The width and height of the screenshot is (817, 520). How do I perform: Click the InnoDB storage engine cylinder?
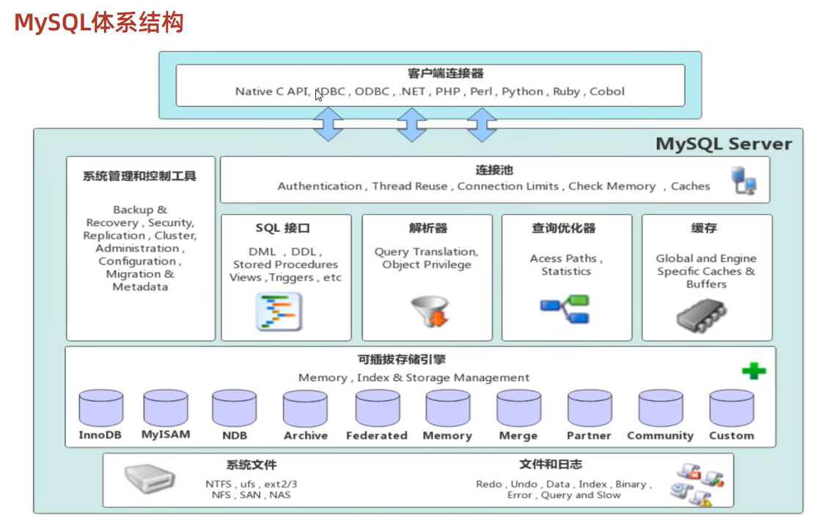coord(100,408)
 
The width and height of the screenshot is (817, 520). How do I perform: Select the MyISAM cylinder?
coord(165,408)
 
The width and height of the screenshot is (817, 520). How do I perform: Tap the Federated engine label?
coord(376,436)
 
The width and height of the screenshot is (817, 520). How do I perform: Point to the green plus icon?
coord(753,371)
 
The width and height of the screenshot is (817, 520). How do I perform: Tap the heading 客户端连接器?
coord(435,73)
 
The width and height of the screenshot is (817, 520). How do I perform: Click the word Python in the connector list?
coord(523,92)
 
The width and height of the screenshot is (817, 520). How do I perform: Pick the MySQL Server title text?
coord(723,144)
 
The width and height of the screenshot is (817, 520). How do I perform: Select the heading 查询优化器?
coord(564,228)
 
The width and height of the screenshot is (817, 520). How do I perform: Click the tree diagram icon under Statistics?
coord(565,310)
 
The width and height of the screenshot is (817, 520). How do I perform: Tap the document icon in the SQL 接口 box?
coord(279,311)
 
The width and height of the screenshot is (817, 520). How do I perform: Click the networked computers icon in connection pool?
coord(744,180)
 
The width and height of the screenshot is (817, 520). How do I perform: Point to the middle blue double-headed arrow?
coord(411,125)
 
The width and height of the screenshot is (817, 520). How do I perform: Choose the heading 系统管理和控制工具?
coord(139,176)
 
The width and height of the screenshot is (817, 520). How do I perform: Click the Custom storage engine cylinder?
coord(731,408)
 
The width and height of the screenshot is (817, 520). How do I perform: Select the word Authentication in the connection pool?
coord(319,186)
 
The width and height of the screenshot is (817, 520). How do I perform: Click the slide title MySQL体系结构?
coord(98,23)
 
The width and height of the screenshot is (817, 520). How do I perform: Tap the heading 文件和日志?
coord(551,465)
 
